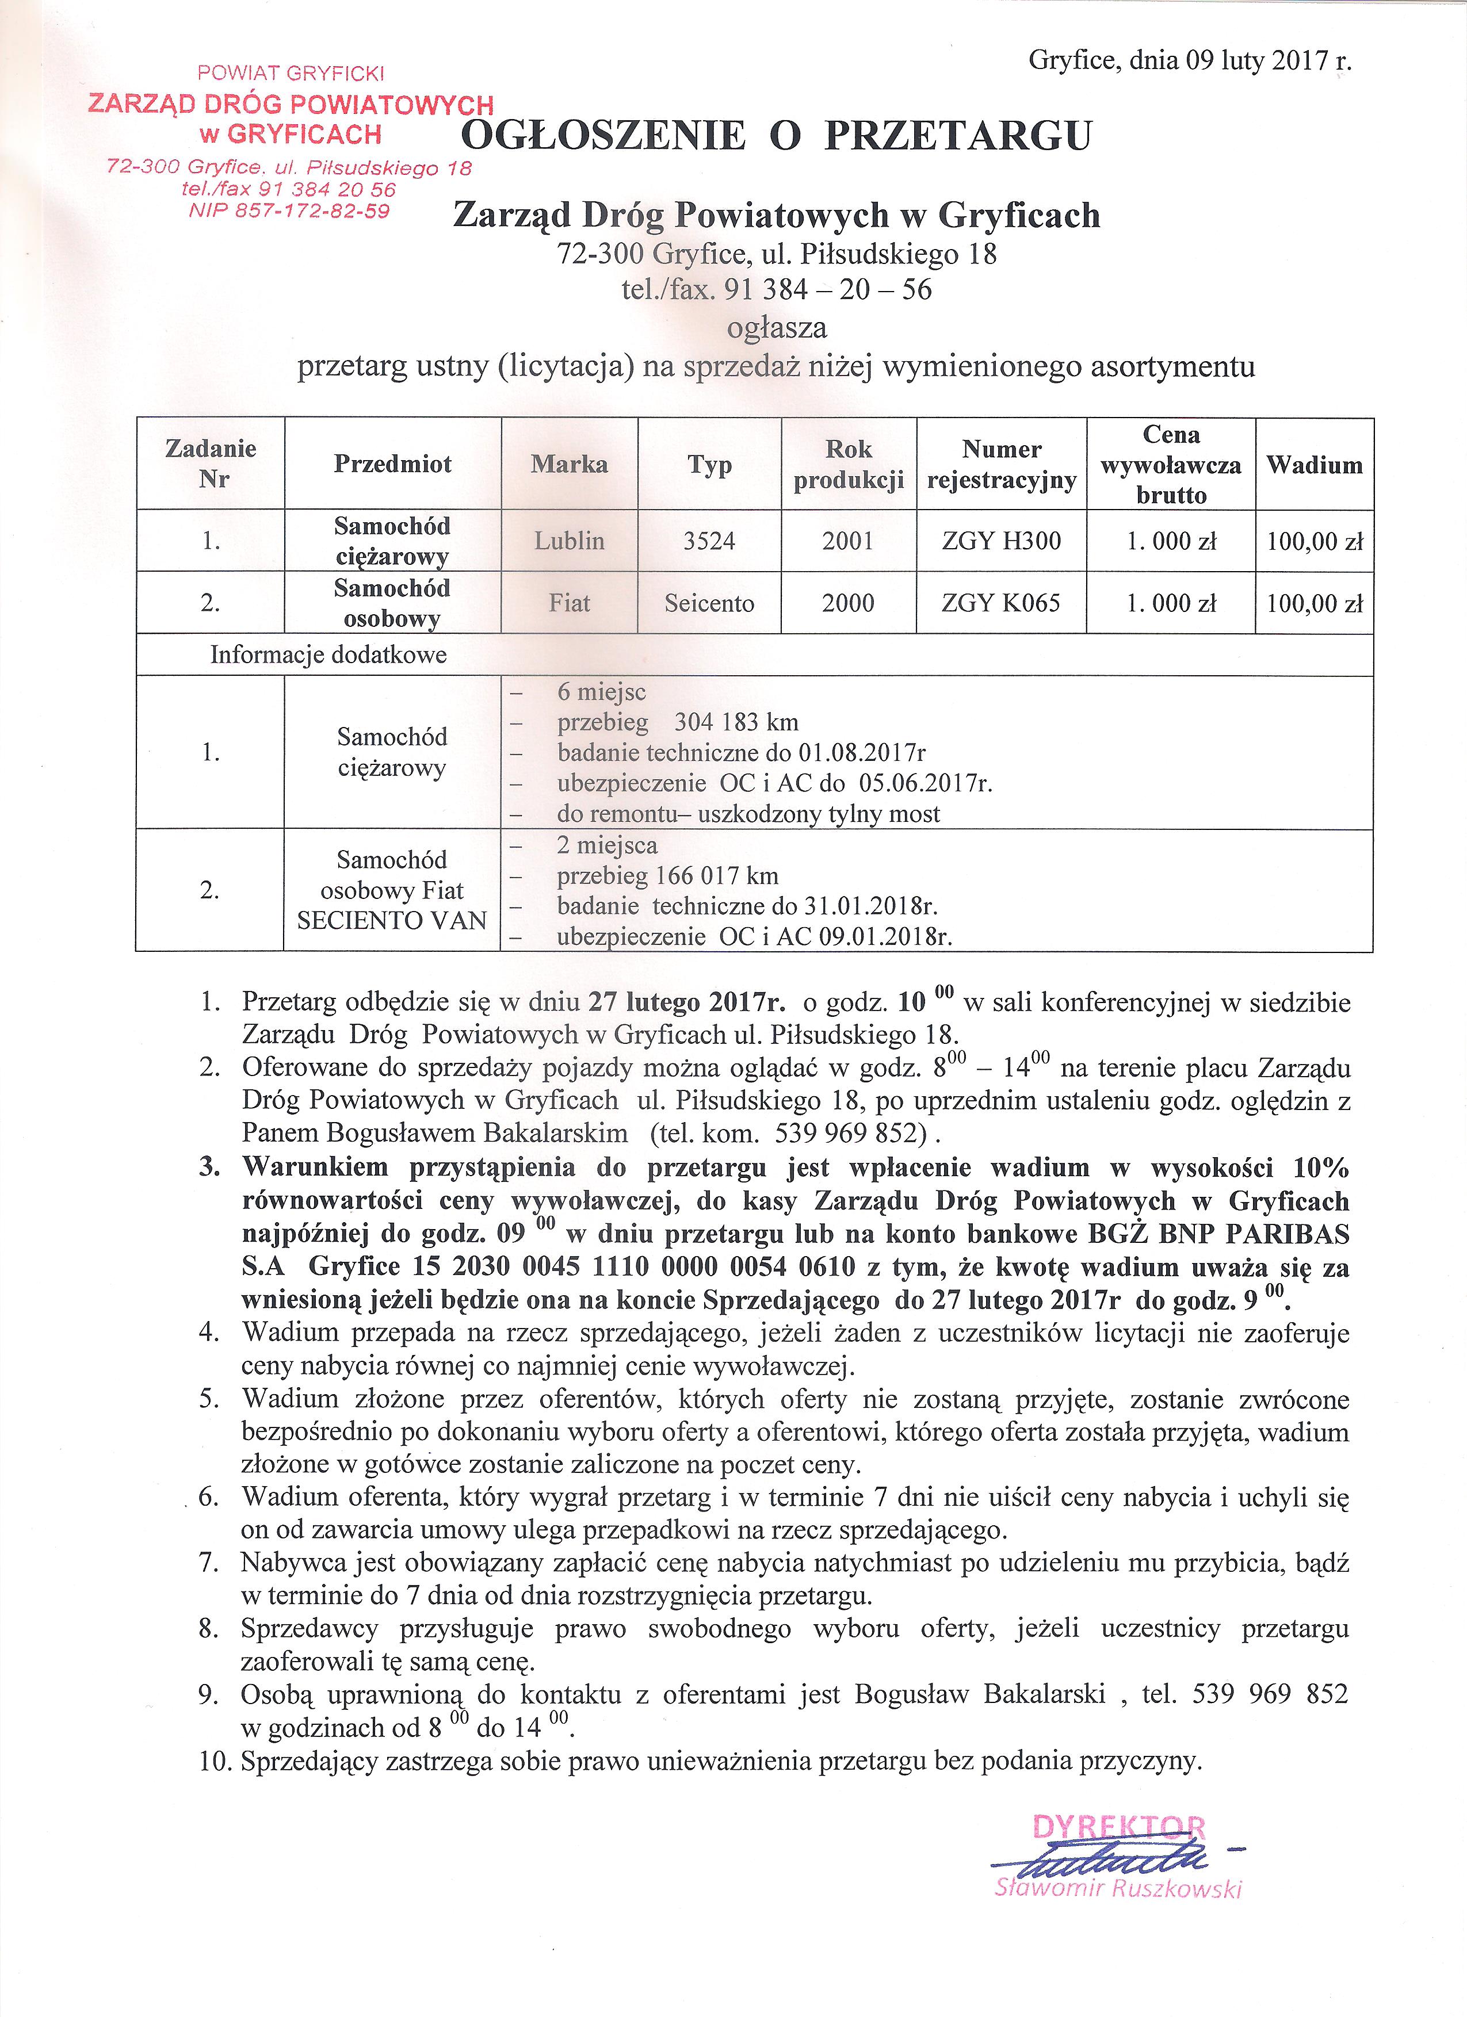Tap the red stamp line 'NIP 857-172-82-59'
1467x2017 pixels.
pyautogui.click(x=289, y=210)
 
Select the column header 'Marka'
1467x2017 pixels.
pyautogui.click(x=570, y=464)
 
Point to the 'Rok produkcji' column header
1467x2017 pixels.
pyautogui.click(x=849, y=464)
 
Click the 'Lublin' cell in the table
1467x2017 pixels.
pyautogui.click(x=570, y=541)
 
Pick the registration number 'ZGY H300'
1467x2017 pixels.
pyautogui.click(x=1002, y=541)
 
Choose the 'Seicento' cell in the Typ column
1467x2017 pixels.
pyautogui.click(x=709, y=603)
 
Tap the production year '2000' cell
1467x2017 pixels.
pyautogui.click(x=848, y=603)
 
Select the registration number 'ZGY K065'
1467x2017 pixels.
pyautogui.click(x=1002, y=603)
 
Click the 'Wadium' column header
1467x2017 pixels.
pyautogui.click(x=1314, y=464)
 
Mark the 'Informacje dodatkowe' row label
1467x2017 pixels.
pyautogui.click(x=328, y=656)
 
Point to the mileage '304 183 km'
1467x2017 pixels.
pyautogui.click(x=736, y=722)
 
